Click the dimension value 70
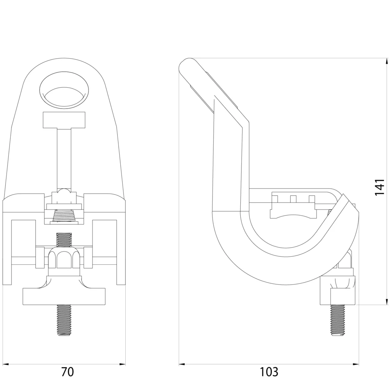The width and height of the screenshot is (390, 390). [x=67, y=372]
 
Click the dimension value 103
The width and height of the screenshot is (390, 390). [x=269, y=372]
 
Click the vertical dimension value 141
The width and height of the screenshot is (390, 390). [x=380, y=187]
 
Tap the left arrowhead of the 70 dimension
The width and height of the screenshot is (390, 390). [x=5, y=364]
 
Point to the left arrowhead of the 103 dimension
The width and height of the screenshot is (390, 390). [x=182, y=364]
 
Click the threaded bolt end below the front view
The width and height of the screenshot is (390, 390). [x=64, y=320]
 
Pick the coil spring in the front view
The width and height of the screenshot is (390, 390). [x=64, y=216]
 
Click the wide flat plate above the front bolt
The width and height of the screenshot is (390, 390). [x=64, y=297]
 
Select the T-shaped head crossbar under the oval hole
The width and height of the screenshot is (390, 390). [x=64, y=120]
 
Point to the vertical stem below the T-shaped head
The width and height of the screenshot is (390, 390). [x=64, y=158]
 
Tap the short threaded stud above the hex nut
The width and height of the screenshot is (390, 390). [x=64, y=240]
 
